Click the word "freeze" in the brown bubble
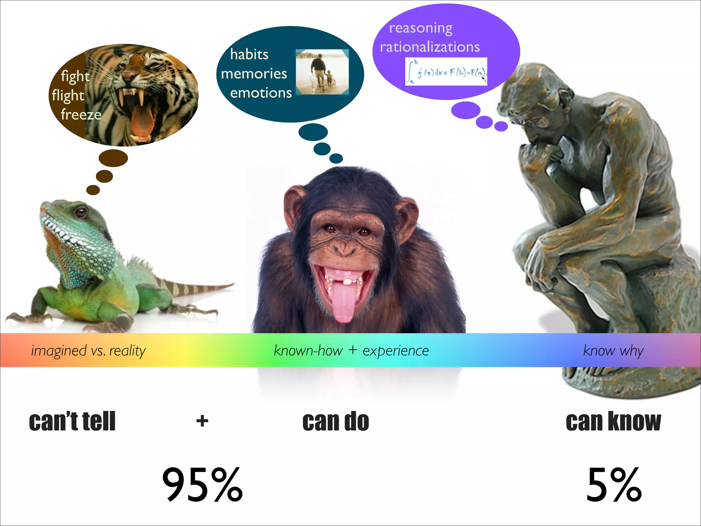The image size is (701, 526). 81,114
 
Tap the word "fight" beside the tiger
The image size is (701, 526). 75,76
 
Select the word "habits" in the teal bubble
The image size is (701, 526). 249,54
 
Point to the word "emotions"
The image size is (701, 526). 261,93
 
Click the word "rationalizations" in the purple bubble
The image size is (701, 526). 430,47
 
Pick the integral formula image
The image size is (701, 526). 446,71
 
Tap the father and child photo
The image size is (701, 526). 322,72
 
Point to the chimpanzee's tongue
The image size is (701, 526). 342,301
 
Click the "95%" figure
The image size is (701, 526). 202,485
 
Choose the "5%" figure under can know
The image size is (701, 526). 614,485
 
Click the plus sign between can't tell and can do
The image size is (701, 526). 202,421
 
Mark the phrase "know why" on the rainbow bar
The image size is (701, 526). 613,351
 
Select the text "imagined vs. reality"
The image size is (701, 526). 88,351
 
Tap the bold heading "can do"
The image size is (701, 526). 335,421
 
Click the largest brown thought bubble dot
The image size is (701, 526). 113,158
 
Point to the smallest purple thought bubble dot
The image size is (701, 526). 501,126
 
